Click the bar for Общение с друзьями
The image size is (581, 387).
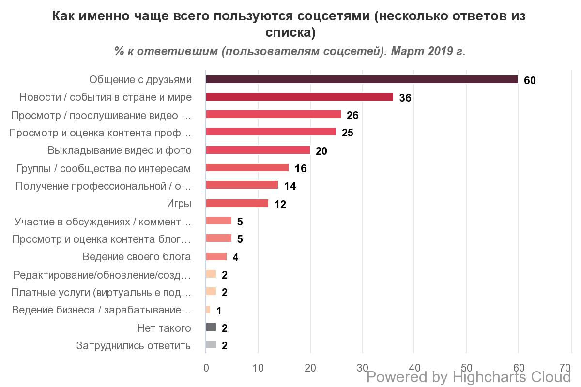(362, 79)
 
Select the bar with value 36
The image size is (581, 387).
(299, 97)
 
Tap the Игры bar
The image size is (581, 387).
(237, 203)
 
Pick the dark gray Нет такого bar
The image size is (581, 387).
(211, 327)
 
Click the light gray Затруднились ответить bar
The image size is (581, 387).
(211, 345)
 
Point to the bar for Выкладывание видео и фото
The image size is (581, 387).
(258, 150)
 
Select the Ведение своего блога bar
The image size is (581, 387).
(216, 256)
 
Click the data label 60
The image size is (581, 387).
(530, 80)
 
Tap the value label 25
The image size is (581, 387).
(347, 133)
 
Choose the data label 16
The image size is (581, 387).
(300, 168)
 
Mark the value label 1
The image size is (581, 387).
(219, 311)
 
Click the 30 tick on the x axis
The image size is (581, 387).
(362, 367)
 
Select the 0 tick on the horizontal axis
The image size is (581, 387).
(206, 367)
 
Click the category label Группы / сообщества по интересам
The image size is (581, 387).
(104, 168)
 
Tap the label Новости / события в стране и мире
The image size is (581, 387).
(106, 97)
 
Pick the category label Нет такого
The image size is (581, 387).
(164, 328)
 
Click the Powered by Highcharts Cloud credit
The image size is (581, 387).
(469, 377)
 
